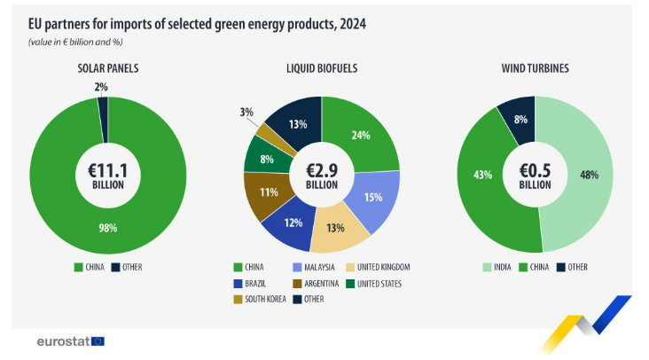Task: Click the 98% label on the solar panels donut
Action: tap(107, 228)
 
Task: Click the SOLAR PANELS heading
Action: tap(107, 67)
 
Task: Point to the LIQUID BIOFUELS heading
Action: tap(322, 67)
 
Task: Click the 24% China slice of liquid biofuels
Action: tap(360, 136)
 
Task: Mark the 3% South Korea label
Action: tap(246, 113)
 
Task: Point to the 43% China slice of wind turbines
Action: tap(482, 175)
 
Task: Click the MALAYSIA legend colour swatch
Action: tap(296, 267)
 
